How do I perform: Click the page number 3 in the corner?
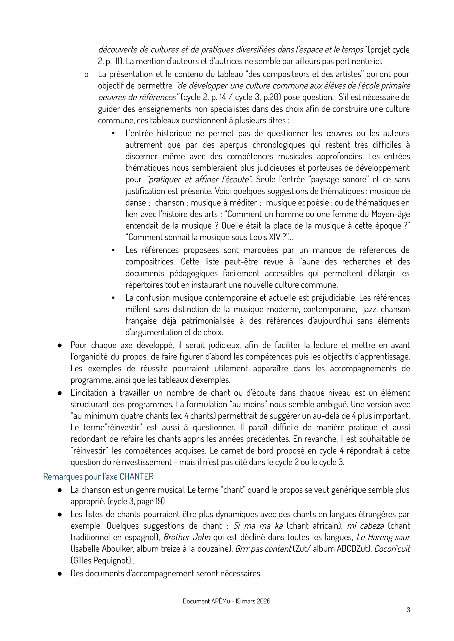pos(408,610)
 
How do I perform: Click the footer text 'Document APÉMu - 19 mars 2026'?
pos(226,601)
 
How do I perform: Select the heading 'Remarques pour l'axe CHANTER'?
pos(98,476)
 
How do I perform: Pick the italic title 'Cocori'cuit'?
pos(392,549)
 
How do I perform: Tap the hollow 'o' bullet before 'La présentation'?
pos(86,75)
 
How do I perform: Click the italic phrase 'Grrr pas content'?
pos(263,549)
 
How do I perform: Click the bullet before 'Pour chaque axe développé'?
pos(59,345)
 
